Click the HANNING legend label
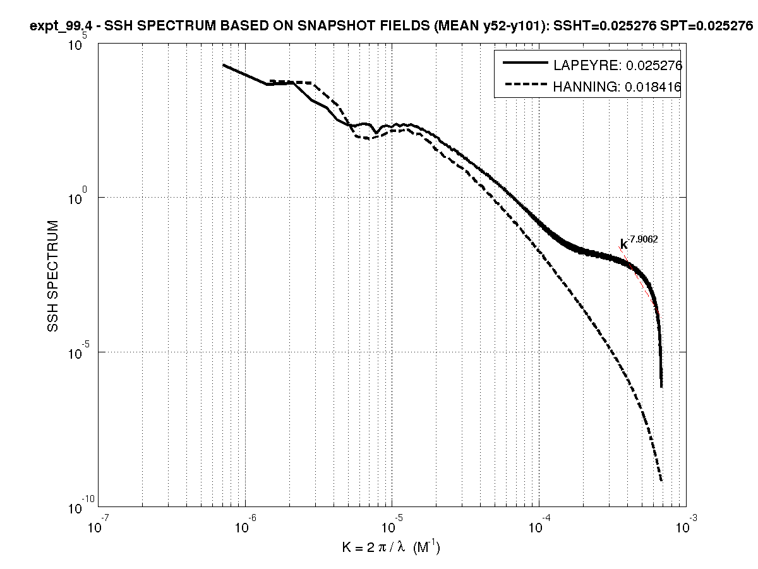[x=617, y=87]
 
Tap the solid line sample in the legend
[x=524, y=64]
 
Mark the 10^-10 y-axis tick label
[x=78, y=505]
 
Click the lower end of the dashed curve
[x=661, y=481]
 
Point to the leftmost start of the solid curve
[x=224, y=65]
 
